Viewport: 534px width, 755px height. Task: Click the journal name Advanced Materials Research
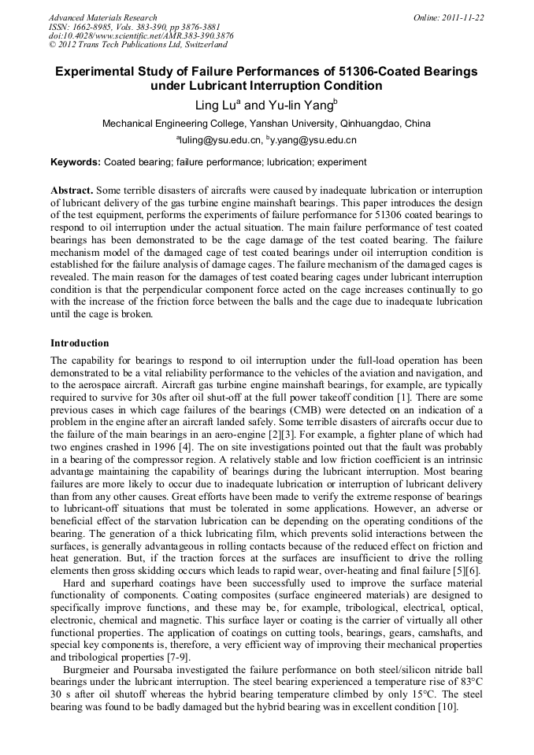pyautogui.click(x=103, y=17)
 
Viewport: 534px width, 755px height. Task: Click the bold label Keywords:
pyautogui.click(x=76, y=162)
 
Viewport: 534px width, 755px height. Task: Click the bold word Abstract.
pyautogui.click(x=72, y=191)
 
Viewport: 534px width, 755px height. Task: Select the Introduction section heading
pyautogui.click(x=80, y=343)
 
